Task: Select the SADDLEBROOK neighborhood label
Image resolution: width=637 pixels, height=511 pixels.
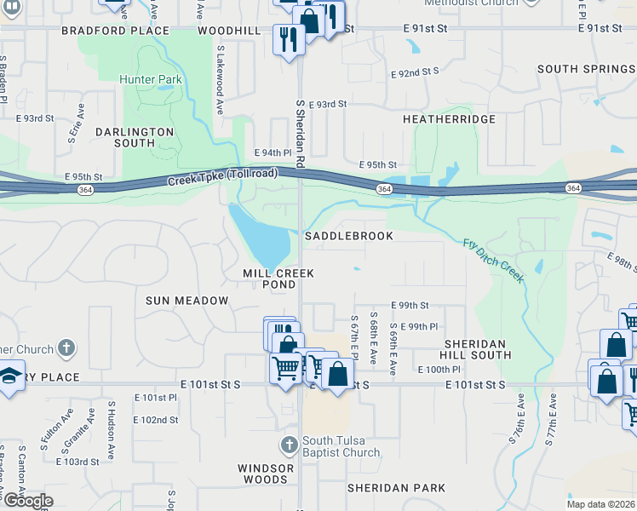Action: tap(349, 236)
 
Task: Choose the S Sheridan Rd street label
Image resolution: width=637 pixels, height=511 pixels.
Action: tap(300, 132)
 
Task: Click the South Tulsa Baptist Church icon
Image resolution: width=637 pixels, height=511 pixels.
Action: tap(289, 445)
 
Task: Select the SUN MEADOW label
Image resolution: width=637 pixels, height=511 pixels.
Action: tap(187, 301)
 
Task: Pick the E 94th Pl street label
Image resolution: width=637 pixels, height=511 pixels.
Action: tap(273, 152)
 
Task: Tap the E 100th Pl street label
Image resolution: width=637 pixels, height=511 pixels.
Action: tap(439, 370)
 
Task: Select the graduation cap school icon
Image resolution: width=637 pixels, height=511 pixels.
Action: tap(10, 376)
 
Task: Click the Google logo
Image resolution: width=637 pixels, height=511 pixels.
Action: tap(27, 501)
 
